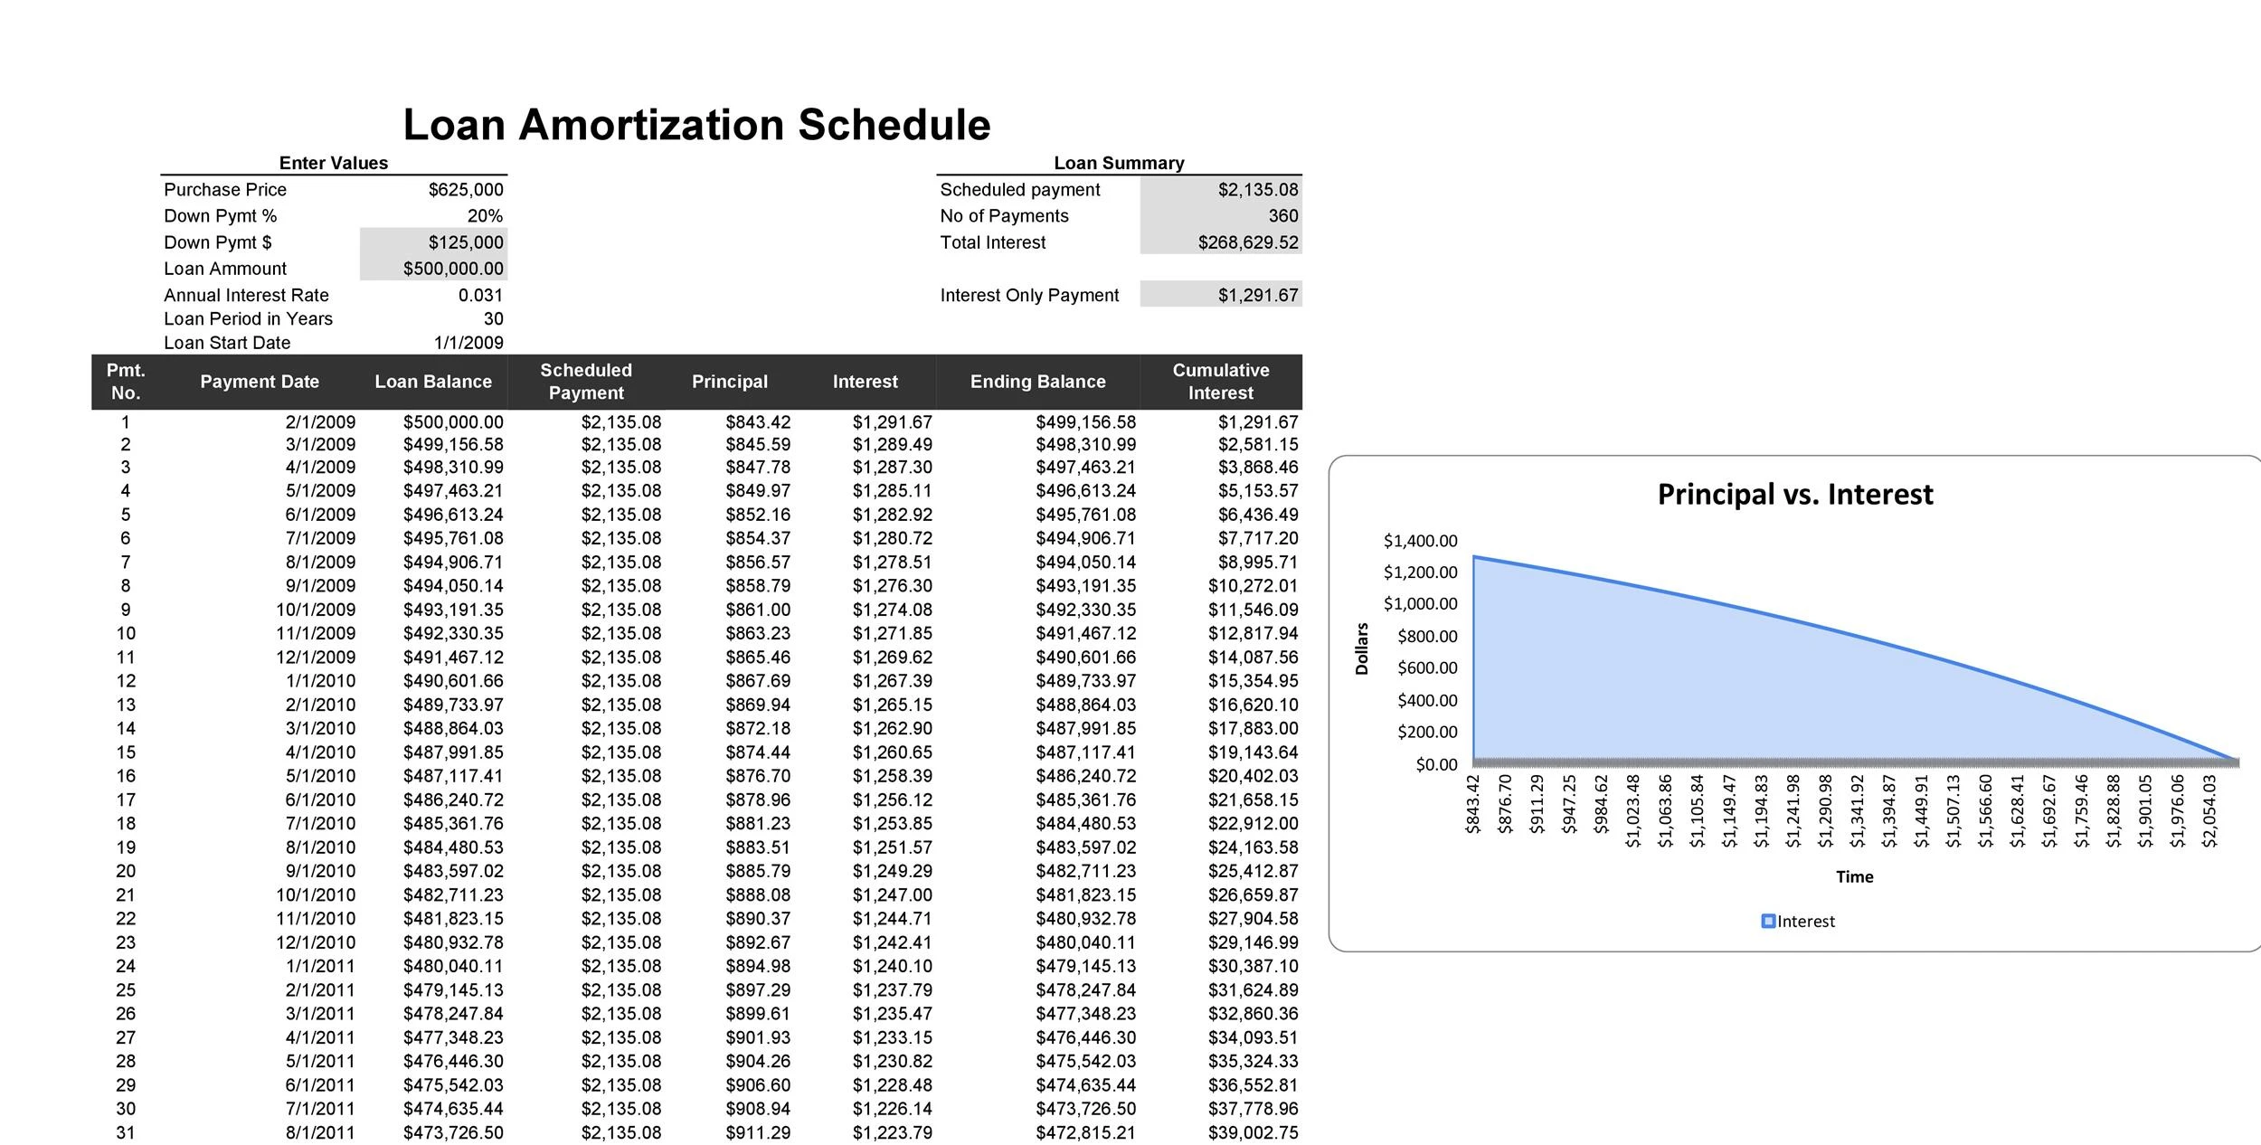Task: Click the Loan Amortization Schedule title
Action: (696, 125)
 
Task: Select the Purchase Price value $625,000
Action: (466, 190)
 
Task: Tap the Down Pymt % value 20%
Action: (485, 216)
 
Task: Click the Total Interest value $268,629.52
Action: (1248, 242)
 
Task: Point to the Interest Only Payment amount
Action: (1258, 295)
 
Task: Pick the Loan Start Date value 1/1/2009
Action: (468, 343)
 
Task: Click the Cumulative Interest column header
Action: (1220, 382)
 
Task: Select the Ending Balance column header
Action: (1037, 382)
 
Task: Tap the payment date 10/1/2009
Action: (316, 610)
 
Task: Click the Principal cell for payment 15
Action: (758, 752)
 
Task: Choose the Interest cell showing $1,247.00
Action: (892, 895)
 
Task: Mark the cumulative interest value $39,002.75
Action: (1253, 1133)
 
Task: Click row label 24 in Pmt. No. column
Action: (126, 967)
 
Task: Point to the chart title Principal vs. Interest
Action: (1795, 495)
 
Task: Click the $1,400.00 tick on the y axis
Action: (1420, 541)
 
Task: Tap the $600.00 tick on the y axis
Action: (1427, 668)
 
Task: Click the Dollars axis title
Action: (1362, 648)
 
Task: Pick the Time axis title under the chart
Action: (1854, 877)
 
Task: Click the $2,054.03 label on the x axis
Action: (2209, 810)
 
